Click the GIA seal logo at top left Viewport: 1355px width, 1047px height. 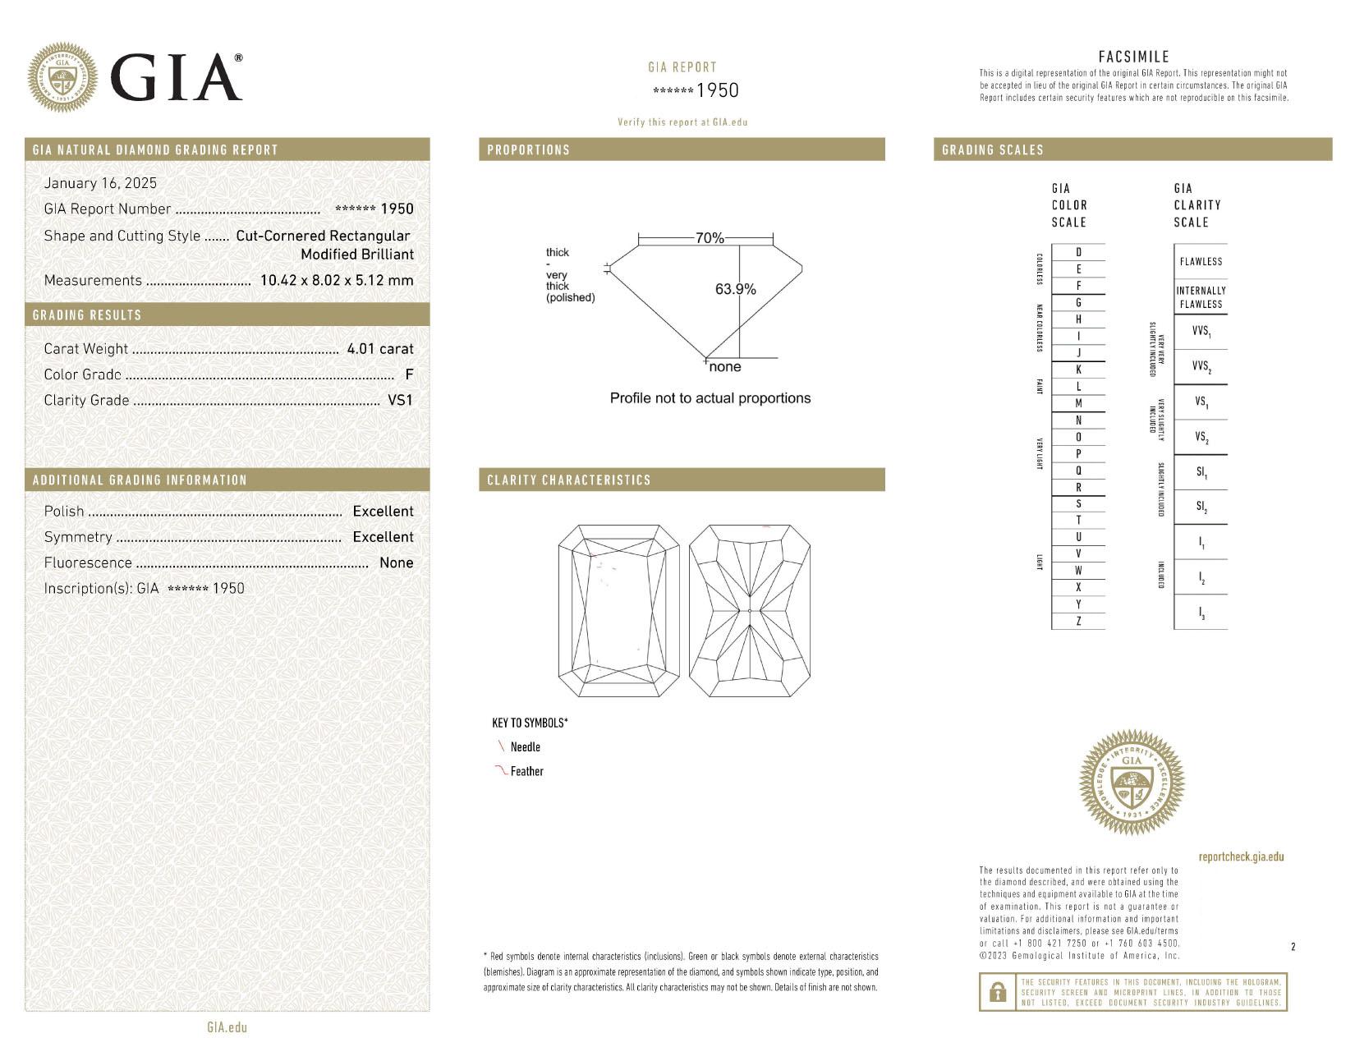click(x=62, y=77)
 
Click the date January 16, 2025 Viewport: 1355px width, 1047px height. click(x=100, y=183)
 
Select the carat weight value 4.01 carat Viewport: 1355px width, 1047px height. click(x=379, y=348)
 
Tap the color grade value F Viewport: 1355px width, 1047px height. click(x=409, y=374)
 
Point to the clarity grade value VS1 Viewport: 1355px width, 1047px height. click(x=400, y=400)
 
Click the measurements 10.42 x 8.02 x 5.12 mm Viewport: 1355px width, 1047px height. click(x=337, y=280)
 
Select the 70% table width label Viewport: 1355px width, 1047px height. click(x=710, y=238)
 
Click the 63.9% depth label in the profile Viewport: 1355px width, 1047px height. click(x=735, y=289)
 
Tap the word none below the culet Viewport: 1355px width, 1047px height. click(x=724, y=367)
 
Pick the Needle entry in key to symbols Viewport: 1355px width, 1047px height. click(x=525, y=746)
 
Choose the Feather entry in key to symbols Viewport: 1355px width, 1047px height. click(x=526, y=771)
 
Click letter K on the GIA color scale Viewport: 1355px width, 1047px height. click(x=1078, y=370)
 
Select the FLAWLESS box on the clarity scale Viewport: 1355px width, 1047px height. click(x=1201, y=261)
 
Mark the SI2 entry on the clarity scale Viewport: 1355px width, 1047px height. click(x=1201, y=507)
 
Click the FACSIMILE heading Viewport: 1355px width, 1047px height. click(x=1133, y=57)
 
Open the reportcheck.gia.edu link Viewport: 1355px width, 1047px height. click(x=1241, y=856)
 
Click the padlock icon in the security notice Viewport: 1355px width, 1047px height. click(x=998, y=993)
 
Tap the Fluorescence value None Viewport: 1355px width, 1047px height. click(x=396, y=563)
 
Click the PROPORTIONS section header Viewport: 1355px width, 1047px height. click(x=528, y=149)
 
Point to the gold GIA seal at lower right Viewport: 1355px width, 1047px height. click(x=1132, y=782)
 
